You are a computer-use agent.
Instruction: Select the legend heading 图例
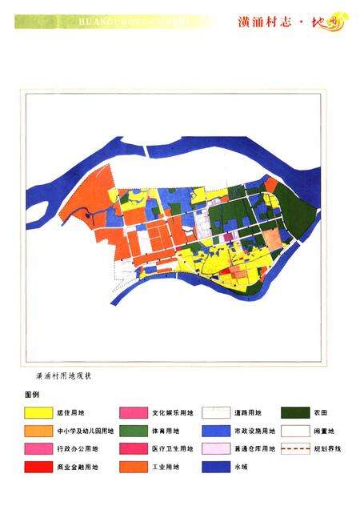point(32,396)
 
